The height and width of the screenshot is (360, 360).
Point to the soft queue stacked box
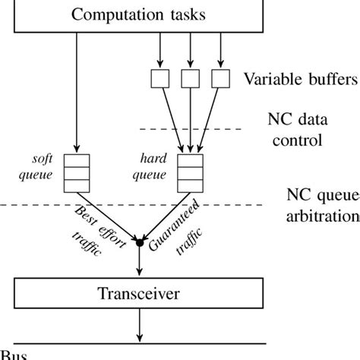(76, 172)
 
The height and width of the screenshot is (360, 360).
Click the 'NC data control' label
(296, 128)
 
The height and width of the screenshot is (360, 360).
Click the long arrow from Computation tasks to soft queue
(76, 91)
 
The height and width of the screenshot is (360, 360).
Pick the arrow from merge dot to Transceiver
(139, 260)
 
